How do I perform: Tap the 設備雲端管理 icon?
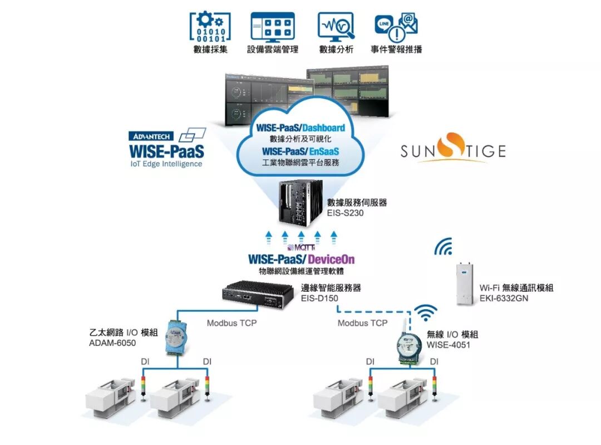coord(273,26)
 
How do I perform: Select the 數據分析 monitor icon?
coord(336,26)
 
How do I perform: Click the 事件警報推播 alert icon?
coord(397,26)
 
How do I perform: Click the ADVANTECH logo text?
coord(151,136)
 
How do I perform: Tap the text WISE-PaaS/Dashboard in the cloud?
coord(300,128)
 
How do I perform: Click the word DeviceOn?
coord(331,260)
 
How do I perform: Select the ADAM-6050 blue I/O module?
coord(177,339)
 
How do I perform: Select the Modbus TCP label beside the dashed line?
coord(362,323)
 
